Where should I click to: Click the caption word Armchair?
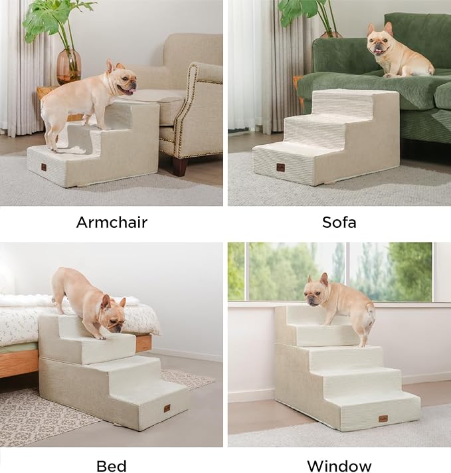112,222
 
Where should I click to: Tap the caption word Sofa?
339,222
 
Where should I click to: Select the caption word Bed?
111,466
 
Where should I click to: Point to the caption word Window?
339,466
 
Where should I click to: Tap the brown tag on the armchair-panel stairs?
44,167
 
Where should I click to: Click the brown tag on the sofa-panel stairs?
280,167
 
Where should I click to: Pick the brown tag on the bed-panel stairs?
167,407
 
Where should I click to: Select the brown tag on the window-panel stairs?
383,419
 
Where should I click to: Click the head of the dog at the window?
317,293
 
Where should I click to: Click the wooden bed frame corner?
143,343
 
